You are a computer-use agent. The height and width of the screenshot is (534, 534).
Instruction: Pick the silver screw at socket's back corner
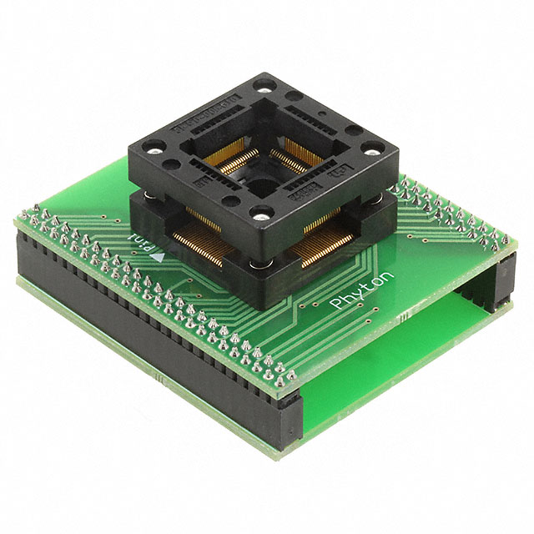pyautogui.click(x=265, y=85)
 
